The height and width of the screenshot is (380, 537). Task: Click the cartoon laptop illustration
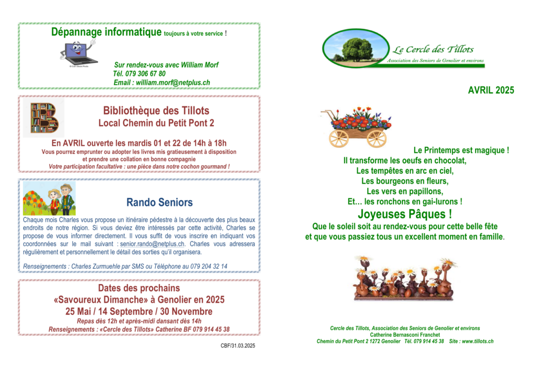point(78,52)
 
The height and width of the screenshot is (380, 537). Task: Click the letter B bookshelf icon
point(44,118)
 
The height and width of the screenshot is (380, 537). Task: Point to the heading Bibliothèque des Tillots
point(156,111)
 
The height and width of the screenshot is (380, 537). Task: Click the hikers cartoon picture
point(49,198)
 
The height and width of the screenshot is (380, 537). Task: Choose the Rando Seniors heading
point(159,202)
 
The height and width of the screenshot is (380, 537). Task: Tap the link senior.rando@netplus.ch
point(152,244)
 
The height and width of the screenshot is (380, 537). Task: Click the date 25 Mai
point(79,311)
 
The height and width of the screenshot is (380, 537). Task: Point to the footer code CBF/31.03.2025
point(238,345)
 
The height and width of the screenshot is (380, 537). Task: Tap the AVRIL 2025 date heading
point(491,90)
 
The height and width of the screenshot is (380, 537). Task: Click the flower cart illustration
point(357,126)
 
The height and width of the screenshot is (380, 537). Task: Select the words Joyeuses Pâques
point(404,214)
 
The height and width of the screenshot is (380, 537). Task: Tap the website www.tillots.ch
point(477,341)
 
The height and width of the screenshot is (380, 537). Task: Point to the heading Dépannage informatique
point(106,33)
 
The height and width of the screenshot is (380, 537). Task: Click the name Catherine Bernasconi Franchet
point(405,335)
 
